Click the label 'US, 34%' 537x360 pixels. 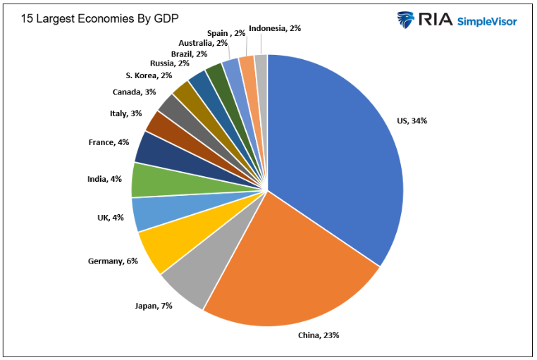(x=412, y=120)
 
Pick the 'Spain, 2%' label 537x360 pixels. (x=226, y=33)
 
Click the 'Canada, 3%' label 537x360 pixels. (x=134, y=92)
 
